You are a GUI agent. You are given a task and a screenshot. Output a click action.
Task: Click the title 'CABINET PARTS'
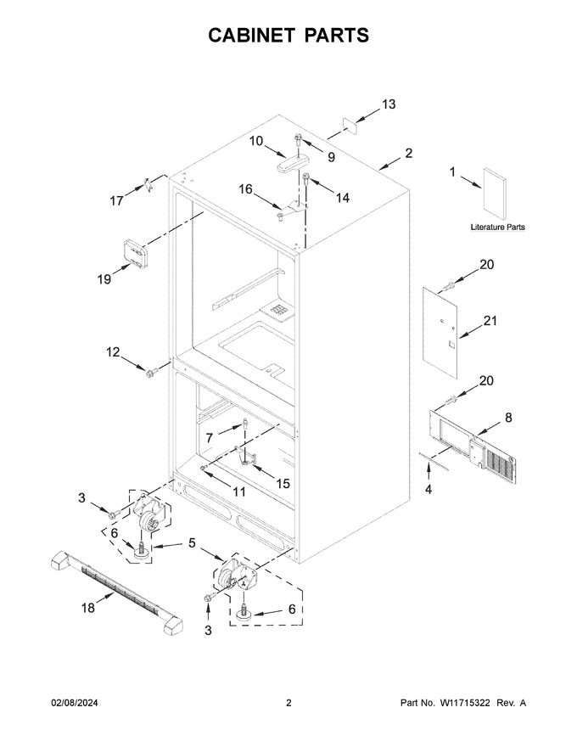(x=288, y=36)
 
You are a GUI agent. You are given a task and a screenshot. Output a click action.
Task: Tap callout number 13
(x=389, y=104)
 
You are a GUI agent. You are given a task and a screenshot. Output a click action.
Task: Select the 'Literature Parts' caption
(x=497, y=227)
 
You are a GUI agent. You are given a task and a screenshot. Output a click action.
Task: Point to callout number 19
(x=104, y=279)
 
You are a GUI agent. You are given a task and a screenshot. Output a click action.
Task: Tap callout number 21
(x=490, y=321)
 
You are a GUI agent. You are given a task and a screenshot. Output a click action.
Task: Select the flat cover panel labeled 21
(x=440, y=333)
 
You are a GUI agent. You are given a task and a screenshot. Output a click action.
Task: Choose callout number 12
(x=113, y=352)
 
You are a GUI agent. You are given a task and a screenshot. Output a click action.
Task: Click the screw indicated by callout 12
(x=151, y=373)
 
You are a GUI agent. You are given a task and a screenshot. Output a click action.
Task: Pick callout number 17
(x=116, y=200)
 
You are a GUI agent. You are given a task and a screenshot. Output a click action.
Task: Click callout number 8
(x=508, y=418)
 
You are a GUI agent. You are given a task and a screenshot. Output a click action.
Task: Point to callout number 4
(x=429, y=489)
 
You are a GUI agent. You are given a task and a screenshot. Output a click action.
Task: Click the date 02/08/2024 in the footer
(x=75, y=702)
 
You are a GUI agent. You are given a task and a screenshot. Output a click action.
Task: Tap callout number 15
(x=283, y=483)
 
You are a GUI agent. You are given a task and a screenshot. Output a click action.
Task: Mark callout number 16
(x=246, y=189)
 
